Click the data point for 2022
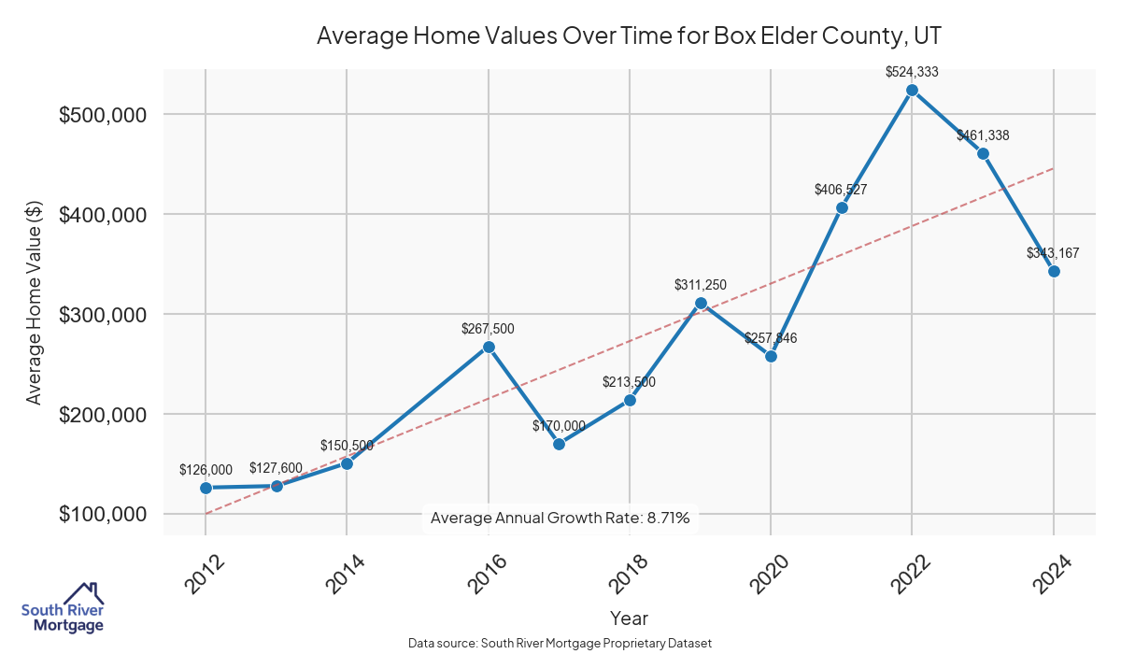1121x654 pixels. [x=912, y=91]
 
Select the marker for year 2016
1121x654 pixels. [x=488, y=347]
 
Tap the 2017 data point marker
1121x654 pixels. [x=559, y=444]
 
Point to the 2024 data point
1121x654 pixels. [x=1054, y=271]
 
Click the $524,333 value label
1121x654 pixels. [x=912, y=71]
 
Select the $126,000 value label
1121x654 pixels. [x=206, y=469]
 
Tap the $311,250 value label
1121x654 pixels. [x=701, y=285]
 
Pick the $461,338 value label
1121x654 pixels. [x=983, y=135]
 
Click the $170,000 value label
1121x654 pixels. [x=559, y=426]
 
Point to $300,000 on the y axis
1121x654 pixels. [x=102, y=315]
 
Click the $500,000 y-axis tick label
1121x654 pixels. [x=102, y=115]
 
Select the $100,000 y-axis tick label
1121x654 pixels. [x=102, y=515]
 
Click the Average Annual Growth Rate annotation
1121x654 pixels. [x=560, y=518]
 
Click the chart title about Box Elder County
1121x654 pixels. [x=629, y=36]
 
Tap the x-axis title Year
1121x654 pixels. [x=629, y=618]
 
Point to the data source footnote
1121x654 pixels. [x=560, y=643]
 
